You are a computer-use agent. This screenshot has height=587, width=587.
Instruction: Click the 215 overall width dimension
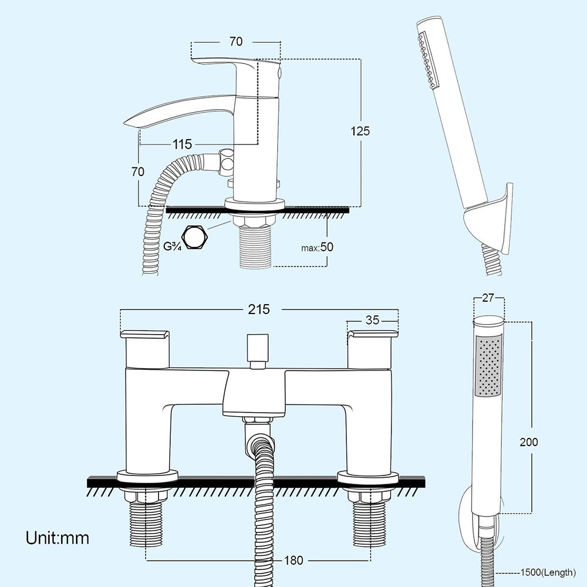pos(258,309)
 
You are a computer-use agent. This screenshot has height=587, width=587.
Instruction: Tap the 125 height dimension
pos(361,131)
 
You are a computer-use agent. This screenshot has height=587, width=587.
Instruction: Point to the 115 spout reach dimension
pos(183,144)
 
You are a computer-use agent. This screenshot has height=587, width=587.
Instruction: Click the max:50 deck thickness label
pos(318,247)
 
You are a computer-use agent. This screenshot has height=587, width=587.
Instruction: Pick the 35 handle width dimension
pos(372,320)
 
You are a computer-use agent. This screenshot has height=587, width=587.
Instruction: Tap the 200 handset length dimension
pos(528,442)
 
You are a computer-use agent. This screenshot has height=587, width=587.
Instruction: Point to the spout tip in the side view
pos(130,122)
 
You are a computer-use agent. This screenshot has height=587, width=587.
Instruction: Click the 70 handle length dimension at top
pos(236,42)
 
